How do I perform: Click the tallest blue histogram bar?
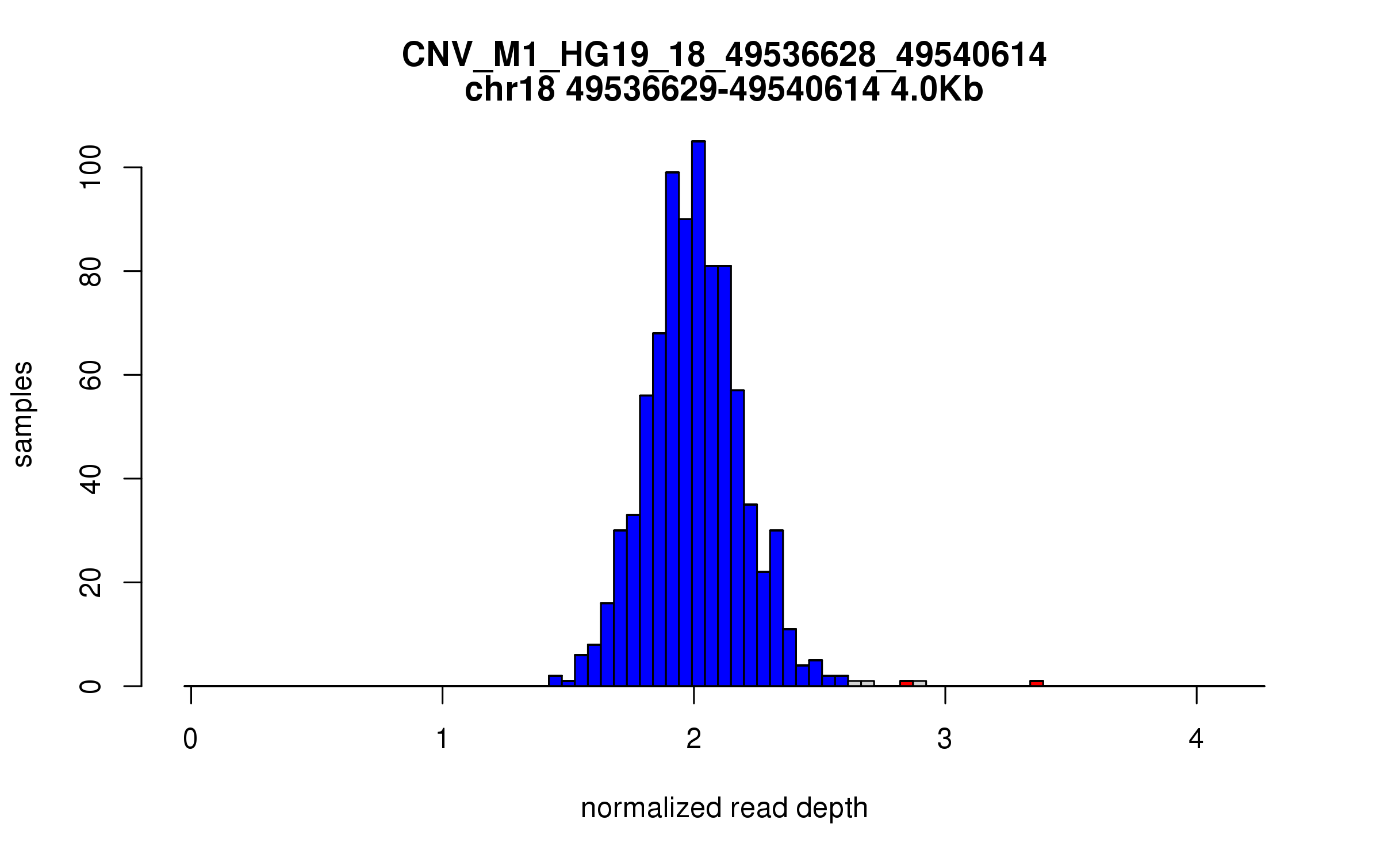(x=698, y=414)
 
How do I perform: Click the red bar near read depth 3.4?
(x=1036, y=683)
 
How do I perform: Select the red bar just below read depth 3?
(x=906, y=683)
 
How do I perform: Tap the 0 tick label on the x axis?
(x=190, y=740)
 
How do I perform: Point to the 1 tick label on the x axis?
(x=442, y=740)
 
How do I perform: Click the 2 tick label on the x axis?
(x=693, y=740)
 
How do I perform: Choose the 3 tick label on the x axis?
(x=945, y=740)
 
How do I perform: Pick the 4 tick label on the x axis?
(x=1196, y=740)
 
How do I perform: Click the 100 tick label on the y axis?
(x=91, y=167)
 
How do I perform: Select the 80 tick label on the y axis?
(x=91, y=271)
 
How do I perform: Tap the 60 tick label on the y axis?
(x=91, y=375)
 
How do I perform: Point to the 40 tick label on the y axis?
(x=91, y=479)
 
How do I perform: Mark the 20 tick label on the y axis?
(x=91, y=582)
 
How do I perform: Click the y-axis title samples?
(x=23, y=414)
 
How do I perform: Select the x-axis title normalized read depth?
(x=724, y=808)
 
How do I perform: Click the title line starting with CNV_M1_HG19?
(x=724, y=55)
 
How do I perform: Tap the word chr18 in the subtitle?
(x=509, y=90)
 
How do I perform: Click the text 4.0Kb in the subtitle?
(x=937, y=90)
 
